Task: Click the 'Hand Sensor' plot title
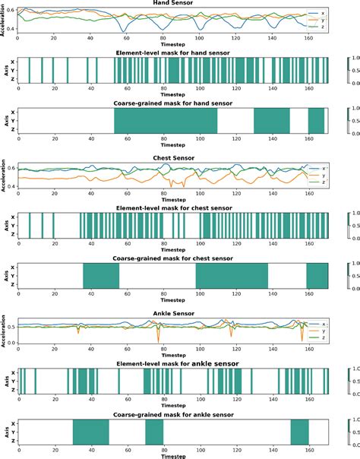click(173, 4)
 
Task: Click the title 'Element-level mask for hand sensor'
click(173, 52)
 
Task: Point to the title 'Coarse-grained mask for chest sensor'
click(173, 257)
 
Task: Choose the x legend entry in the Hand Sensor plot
click(322, 13)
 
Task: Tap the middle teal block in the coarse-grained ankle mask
click(154, 432)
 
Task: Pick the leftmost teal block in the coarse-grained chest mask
click(101, 276)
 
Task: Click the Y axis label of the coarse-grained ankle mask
click(11, 432)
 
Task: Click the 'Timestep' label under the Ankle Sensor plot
click(173, 354)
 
